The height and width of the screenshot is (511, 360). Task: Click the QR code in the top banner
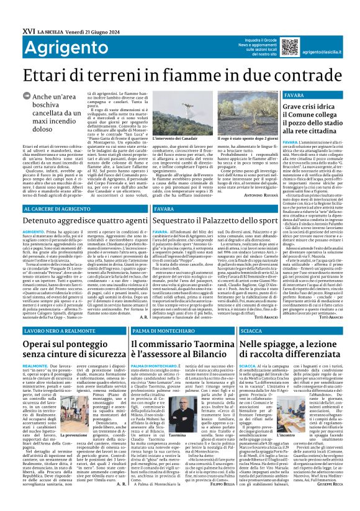289,47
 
